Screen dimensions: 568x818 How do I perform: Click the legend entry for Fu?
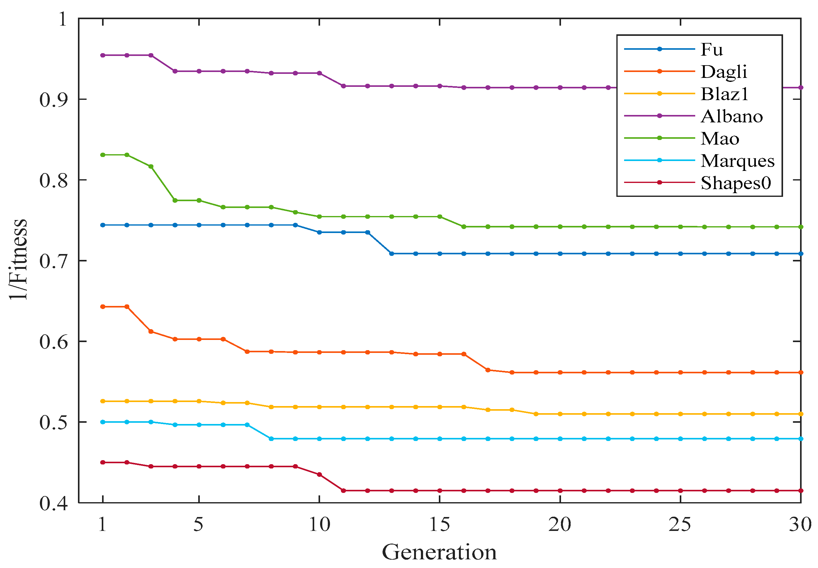point(711,49)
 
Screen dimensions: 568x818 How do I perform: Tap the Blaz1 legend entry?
point(724,94)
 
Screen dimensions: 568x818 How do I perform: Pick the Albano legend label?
point(731,117)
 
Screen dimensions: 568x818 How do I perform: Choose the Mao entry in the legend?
point(719,138)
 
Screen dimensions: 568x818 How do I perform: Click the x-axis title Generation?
point(439,552)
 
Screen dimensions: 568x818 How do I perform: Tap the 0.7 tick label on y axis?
point(54,261)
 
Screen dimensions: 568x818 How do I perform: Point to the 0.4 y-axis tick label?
point(54,503)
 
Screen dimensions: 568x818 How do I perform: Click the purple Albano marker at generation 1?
point(103,55)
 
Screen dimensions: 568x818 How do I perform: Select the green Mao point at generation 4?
point(175,200)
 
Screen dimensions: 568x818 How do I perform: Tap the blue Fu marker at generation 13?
point(392,254)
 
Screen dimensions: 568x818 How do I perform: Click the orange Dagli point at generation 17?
point(487,370)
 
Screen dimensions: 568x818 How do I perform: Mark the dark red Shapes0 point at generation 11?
point(343,491)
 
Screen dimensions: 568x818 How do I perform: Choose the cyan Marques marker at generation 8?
point(271,439)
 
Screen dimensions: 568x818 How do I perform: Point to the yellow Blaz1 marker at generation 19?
point(536,414)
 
